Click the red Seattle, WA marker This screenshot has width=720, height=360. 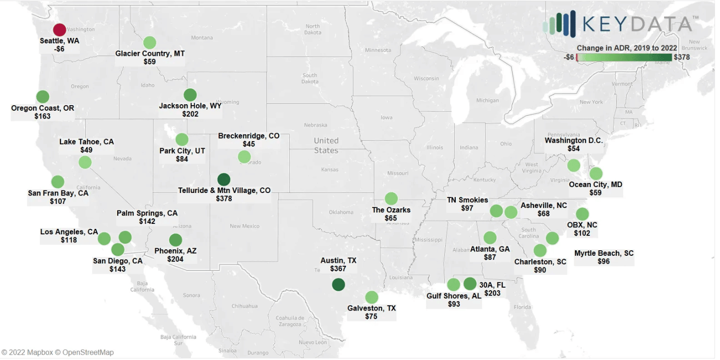click(59, 30)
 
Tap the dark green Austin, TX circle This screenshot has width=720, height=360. click(339, 285)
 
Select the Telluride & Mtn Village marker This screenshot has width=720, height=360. click(224, 179)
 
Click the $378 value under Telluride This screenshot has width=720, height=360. click(224, 198)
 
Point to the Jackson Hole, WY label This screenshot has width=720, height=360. click(190, 106)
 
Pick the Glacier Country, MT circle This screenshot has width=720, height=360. click(150, 42)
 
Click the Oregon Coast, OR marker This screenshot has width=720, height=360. click(43, 96)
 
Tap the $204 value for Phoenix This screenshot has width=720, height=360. click(176, 259)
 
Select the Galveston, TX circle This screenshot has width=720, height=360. click(371, 297)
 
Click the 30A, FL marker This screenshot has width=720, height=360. click(470, 284)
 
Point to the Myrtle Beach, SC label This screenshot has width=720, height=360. click(604, 253)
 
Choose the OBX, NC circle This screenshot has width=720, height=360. click(582, 214)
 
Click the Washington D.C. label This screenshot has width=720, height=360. click(573, 141)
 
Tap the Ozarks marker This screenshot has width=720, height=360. click(391, 198)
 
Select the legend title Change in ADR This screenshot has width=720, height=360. click(627, 48)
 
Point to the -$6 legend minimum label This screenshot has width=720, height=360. click(569, 57)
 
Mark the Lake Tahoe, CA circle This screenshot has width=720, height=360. click(85, 162)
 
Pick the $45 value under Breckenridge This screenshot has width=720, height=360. click(249, 144)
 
